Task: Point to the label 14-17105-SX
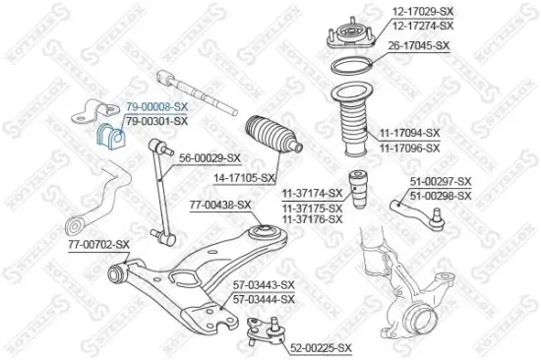pyautogui.click(x=240, y=178)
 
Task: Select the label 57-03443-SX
pyautogui.click(x=263, y=285)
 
